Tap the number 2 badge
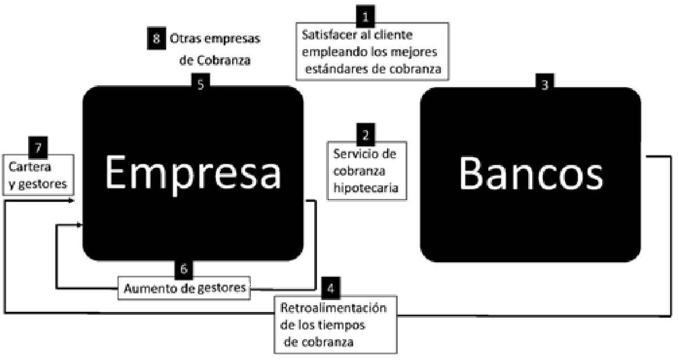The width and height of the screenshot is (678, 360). click(366, 134)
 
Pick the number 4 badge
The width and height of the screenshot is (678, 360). click(331, 289)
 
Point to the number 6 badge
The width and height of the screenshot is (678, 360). click(184, 268)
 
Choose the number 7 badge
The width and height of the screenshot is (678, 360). click(37, 149)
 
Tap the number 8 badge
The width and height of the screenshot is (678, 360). click(155, 38)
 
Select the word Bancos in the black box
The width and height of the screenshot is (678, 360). click(531, 174)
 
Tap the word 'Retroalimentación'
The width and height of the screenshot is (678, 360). click(333, 310)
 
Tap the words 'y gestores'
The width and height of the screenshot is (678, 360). click(37, 183)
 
